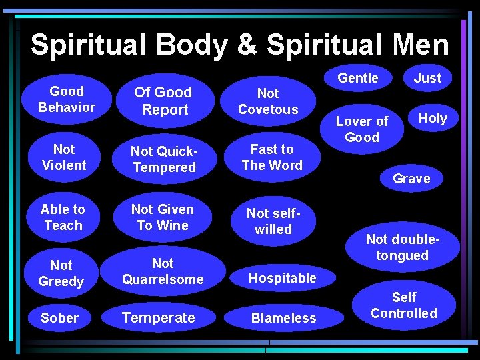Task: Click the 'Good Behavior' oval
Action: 67,99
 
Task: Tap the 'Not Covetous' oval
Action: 268,101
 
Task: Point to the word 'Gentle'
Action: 358,78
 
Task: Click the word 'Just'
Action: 427,78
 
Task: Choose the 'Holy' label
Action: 433,118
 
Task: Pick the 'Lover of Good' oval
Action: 362,129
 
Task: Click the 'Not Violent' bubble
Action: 64,157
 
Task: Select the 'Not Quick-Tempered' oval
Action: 164,160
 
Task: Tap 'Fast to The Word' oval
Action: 272,157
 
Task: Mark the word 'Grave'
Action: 411,179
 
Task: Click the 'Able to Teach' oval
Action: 63,217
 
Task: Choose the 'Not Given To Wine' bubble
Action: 163,217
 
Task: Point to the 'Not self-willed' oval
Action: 273,221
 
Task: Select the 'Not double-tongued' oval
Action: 403,247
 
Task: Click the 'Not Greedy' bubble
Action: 61,273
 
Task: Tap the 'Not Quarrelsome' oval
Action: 163,271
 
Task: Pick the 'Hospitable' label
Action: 283,278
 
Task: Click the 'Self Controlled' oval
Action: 404,305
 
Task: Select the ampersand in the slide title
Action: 247,45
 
